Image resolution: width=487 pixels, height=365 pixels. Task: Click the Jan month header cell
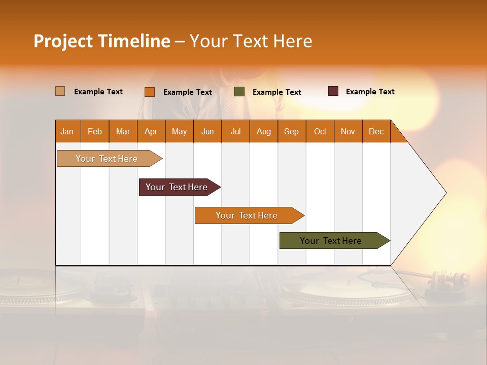[x=67, y=131]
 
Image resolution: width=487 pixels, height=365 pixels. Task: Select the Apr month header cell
[x=151, y=131]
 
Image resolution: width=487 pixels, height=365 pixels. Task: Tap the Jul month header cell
[x=235, y=131]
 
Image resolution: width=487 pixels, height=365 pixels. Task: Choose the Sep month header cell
[x=292, y=131]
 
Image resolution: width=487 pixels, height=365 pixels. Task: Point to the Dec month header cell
[x=376, y=131]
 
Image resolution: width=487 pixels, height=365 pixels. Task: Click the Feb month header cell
[x=95, y=131]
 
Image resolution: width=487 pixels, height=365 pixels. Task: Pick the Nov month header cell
[x=348, y=131]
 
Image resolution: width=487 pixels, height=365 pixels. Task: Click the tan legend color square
[x=60, y=91]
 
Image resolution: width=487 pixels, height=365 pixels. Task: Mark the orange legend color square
[x=150, y=92]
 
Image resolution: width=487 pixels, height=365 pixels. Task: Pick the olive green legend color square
[x=239, y=92]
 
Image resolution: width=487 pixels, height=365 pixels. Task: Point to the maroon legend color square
[x=333, y=91]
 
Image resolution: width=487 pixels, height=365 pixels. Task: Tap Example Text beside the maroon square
[x=370, y=92]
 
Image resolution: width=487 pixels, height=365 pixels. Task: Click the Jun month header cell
[x=207, y=131]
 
